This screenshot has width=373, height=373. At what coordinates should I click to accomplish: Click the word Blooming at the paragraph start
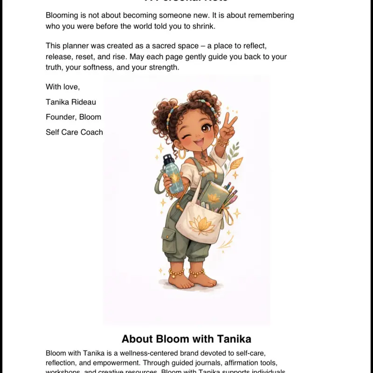62,15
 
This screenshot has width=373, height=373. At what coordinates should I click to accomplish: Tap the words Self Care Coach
74,132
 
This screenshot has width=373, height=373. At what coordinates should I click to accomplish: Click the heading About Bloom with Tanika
186,338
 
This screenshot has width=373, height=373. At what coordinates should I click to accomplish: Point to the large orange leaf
234,165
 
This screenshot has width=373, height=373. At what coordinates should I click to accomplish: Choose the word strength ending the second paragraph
164,67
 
